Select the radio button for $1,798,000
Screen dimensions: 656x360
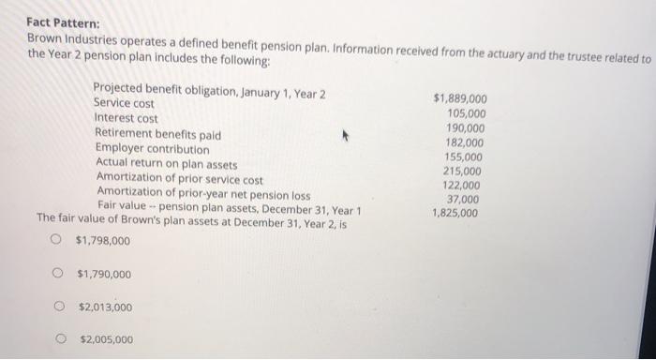(x=59, y=242)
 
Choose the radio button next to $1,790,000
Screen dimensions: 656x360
(x=59, y=275)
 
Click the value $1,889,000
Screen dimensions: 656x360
(x=459, y=98)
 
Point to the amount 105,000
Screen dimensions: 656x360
(x=467, y=113)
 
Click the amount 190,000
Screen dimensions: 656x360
(x=467, y=128)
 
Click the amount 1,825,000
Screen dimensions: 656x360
(x=455, y=213)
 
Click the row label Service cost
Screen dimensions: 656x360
(x=125, y=104)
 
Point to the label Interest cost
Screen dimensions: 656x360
(x=127, y=119)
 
